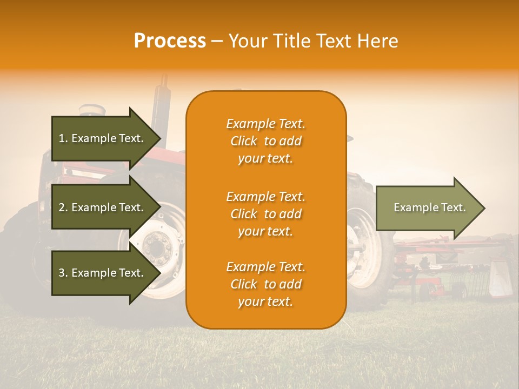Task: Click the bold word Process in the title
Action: tap(170, 41)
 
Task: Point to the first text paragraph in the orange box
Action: tap(265, 141)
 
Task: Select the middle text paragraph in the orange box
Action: tap(265, 214)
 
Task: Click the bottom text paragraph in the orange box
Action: tap(265, 284)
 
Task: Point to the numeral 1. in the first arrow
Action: tap(63, 138)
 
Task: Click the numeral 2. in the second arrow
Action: tap(63, 207)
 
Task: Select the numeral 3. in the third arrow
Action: tap(63, 273)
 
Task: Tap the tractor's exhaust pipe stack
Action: tap(160, 100)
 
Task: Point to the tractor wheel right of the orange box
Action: tap(368, 254)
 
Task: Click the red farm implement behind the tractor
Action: tap(432, 259)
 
